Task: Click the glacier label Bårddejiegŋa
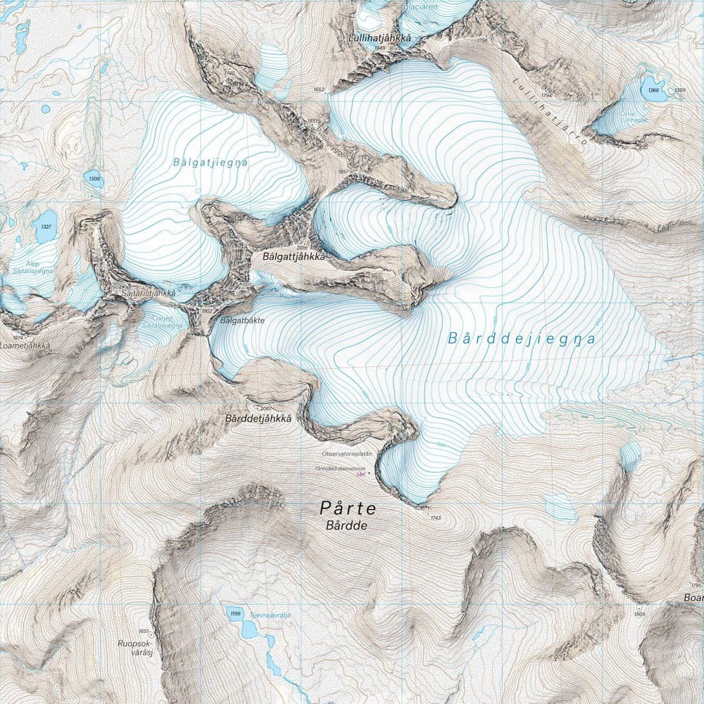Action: (522, 339)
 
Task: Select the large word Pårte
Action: (348, 508)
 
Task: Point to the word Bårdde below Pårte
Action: (346, 526)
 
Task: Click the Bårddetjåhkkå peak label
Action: (258, 419)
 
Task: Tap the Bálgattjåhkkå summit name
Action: (294, 258)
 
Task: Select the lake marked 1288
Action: (654, 90)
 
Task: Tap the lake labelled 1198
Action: (235, 614)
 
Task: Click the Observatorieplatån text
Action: (346, 454)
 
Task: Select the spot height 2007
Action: (265, 408)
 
